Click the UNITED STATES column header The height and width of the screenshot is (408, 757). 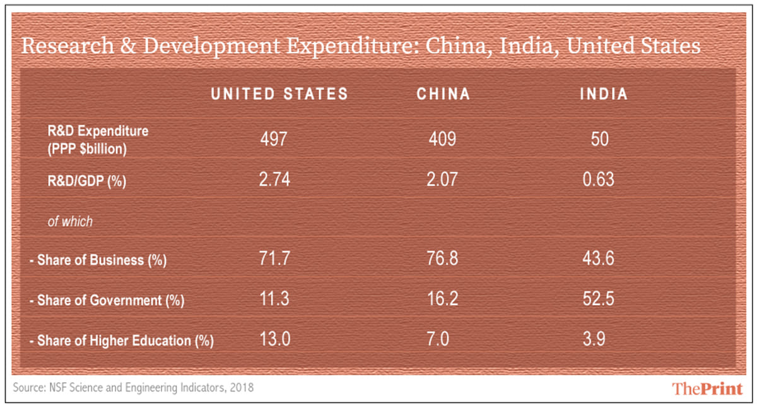[279, 94]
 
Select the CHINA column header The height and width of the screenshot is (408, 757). [443, 94]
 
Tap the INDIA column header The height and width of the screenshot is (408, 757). [604, 94]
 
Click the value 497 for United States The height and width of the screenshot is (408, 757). [274, 139]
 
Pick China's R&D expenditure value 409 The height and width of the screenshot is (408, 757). [442, 139]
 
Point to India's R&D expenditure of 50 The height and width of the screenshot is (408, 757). [600, 139]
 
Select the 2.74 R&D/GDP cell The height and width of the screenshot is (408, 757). [274, 180]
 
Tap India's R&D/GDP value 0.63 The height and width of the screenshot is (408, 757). [597, 180]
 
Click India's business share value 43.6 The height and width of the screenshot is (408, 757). [597, 260]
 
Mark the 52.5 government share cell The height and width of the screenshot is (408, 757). [597, 300]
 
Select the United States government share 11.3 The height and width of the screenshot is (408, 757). [274, 300]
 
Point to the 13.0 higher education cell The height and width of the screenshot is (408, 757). [274, 340]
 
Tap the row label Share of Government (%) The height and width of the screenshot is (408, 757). [106, 301]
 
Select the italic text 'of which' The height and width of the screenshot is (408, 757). [70, 222]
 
